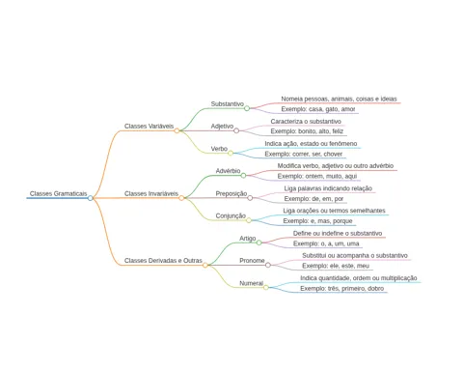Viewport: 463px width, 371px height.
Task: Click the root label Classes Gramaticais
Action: click(x=58, y=193)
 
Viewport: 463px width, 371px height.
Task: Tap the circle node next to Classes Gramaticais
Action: click(x=91, y=198)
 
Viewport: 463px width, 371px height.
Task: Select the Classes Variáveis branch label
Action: click(x=149, y=126)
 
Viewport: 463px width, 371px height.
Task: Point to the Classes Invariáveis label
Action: click(x=151, y=193)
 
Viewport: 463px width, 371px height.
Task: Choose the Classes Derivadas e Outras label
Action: click(x=163, y=261)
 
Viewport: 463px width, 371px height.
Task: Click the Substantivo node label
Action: click(x=228, y=104)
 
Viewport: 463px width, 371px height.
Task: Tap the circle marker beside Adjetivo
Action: click(x=236, y=130)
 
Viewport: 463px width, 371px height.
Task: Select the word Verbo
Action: click(x=219, y=149)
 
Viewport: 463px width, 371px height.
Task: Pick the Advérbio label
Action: click(x=228, y=171)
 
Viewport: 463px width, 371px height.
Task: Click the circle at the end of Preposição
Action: click(x=250, y=198)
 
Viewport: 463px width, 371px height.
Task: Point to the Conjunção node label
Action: click(x=231, y=215)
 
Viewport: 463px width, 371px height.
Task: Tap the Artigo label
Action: click(x=248, y=239)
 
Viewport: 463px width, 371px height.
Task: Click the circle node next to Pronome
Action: click(x=268, y=265)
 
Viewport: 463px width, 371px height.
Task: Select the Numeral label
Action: click(x=251, y=283)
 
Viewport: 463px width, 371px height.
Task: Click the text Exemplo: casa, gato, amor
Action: click(x=318, y=109)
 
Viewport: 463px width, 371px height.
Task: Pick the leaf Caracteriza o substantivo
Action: click(x=306, y=122)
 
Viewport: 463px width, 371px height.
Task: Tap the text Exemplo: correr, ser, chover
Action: click(x=304, y=154)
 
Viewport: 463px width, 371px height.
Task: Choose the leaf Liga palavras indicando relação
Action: click(x=328, y=188)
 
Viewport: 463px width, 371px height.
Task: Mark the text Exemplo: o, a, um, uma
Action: click(x=326, y=243)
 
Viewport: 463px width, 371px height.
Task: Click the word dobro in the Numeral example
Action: click(x=375, y=288)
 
